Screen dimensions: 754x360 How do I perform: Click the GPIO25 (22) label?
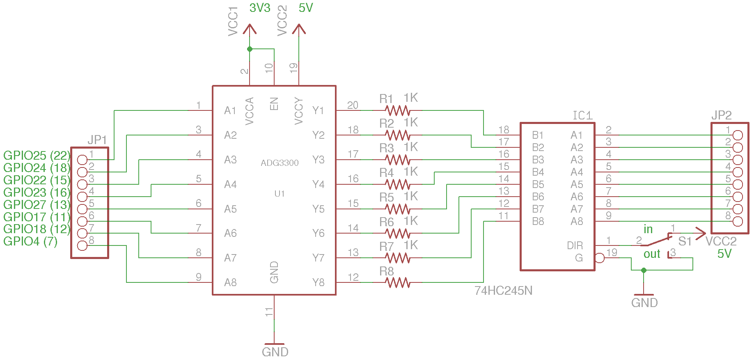[37, 156]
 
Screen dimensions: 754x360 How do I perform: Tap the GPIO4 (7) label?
[30, 241]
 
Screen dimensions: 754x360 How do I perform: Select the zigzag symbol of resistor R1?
[398, 110]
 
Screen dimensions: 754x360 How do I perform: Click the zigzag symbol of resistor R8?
[398, 282]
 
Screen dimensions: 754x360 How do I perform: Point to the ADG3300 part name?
[280, 163]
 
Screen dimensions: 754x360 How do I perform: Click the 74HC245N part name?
[503, 291]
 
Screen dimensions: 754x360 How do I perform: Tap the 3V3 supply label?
[260, 8]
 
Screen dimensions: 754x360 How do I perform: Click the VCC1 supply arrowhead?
[250, 29]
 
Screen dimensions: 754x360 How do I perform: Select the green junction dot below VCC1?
[250, 49]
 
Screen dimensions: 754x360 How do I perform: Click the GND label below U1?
[275, 352]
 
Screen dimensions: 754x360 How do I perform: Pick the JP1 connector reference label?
[97, 140]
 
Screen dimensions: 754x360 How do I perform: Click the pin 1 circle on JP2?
[738, 135]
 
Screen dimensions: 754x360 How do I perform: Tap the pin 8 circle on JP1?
[82, 246]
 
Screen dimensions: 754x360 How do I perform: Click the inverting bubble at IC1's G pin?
[599, 258]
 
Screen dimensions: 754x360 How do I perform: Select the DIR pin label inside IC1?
[575, 245]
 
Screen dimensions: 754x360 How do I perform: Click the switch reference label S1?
[685, 241]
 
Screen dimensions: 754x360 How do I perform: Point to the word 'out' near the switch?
[652, 254]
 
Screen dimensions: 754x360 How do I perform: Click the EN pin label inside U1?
[274, 104]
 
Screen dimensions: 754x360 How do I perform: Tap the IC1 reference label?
[583, 115]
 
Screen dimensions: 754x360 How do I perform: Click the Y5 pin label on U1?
[318, 209]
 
